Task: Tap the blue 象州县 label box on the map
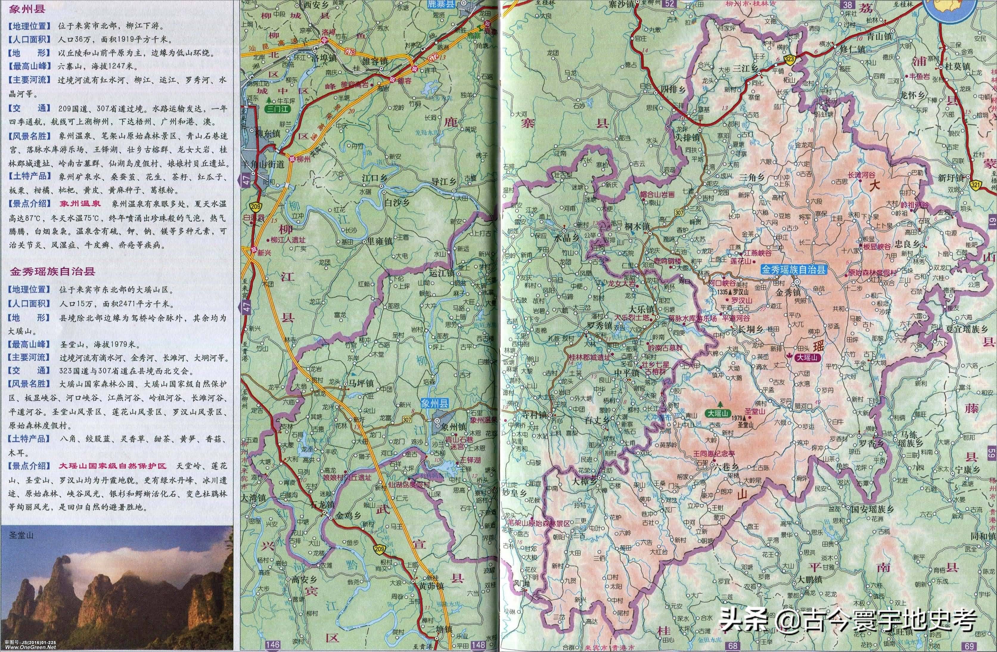click(x=434, y=404)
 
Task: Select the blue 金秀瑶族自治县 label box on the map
click(x=793, y=270)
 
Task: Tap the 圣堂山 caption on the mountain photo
click(x=21, y=535)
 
